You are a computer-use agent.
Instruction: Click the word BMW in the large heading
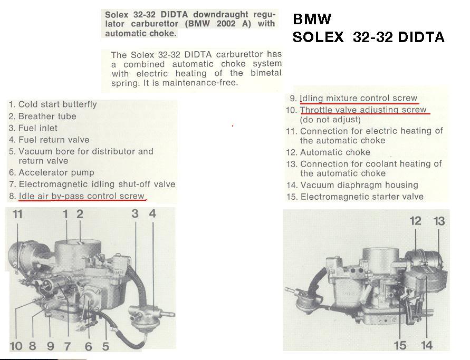[312, 20]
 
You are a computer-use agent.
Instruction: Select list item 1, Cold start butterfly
[53, 104]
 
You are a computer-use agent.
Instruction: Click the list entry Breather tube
[43, 116]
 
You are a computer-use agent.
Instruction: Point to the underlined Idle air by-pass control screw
[82, 196]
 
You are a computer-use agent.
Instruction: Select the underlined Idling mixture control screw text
[359, 98]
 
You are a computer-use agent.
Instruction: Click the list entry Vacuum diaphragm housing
[359, 185]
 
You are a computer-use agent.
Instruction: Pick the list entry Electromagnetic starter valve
[361, 197]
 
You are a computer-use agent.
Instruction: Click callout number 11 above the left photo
[18, 215]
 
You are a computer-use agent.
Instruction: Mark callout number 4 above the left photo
[152, 214]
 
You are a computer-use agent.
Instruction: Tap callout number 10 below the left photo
[16, 346]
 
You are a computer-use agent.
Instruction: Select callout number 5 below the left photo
[105, 346]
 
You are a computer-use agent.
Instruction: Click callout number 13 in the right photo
[439, 221]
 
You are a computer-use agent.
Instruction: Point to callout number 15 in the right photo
[400, 345]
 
